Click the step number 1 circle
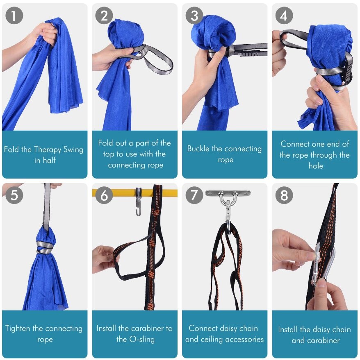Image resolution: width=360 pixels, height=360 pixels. [14, 16]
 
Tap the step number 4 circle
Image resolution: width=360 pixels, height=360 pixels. [284, 16]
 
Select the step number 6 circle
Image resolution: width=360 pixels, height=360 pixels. [104, 195]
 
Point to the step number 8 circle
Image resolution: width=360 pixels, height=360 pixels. [284, 195]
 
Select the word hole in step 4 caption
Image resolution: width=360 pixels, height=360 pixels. [316, 166]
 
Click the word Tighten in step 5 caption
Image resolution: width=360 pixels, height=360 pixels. [18, 329]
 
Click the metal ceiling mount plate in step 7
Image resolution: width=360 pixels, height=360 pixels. [228, 193]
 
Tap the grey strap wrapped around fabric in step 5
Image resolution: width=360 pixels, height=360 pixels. [45, 247]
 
